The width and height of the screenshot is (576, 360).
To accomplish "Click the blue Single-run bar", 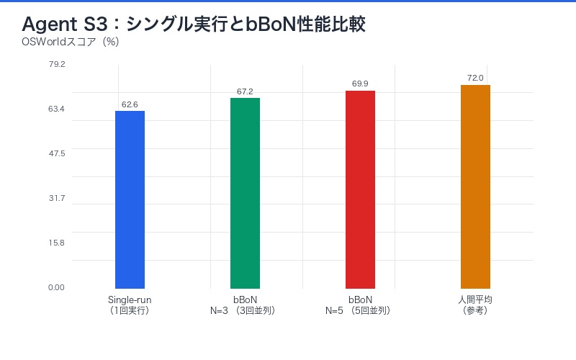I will tap(130, 199).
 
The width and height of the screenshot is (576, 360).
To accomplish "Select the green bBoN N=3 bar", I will tap(245, 193).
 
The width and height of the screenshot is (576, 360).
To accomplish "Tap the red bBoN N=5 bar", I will tap(360, 189).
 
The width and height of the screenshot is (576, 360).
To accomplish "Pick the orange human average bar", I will tap(475, 186).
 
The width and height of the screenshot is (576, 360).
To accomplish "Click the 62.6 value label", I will tap(130, 104).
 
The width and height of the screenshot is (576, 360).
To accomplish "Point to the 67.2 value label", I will tap(245, 91).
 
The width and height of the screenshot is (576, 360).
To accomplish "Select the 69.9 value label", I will tap(360, 84).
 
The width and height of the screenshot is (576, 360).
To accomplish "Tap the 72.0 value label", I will tap(475, 78).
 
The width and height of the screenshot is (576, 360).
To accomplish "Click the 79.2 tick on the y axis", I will tap(57, 64).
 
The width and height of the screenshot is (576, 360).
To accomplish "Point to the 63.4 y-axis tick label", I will tap(57, 109).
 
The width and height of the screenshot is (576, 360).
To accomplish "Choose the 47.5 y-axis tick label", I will tap(57, 153).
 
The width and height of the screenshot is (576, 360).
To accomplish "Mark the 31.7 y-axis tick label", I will tap(57, 198).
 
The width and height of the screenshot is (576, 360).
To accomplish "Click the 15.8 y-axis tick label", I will tap(57, 243).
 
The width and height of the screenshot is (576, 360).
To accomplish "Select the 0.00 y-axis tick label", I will tap(57, 287).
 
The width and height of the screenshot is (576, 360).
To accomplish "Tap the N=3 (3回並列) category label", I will tap(245, 311).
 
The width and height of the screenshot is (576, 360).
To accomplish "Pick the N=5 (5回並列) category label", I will tap(360, 311).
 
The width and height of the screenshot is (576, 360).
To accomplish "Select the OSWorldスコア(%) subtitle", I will tap(71, 42).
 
